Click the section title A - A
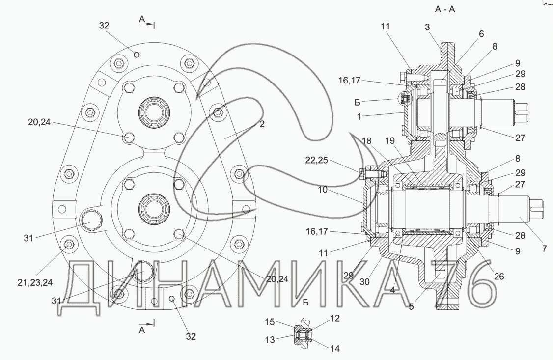(445, 9)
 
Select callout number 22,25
(316, 160)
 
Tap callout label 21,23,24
(35, 282)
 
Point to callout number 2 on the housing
(262, 124)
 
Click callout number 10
(323, 190)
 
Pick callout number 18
(366, 141)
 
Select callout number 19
(390, 141)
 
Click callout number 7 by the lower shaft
(545, 249)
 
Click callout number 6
(481, 34)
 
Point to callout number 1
(359, 117)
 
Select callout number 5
(411, 306)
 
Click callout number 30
(365, 282)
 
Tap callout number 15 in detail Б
(270, 322)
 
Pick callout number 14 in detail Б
(334, 349)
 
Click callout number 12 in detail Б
(334, 318)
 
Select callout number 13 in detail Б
(270, 340)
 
